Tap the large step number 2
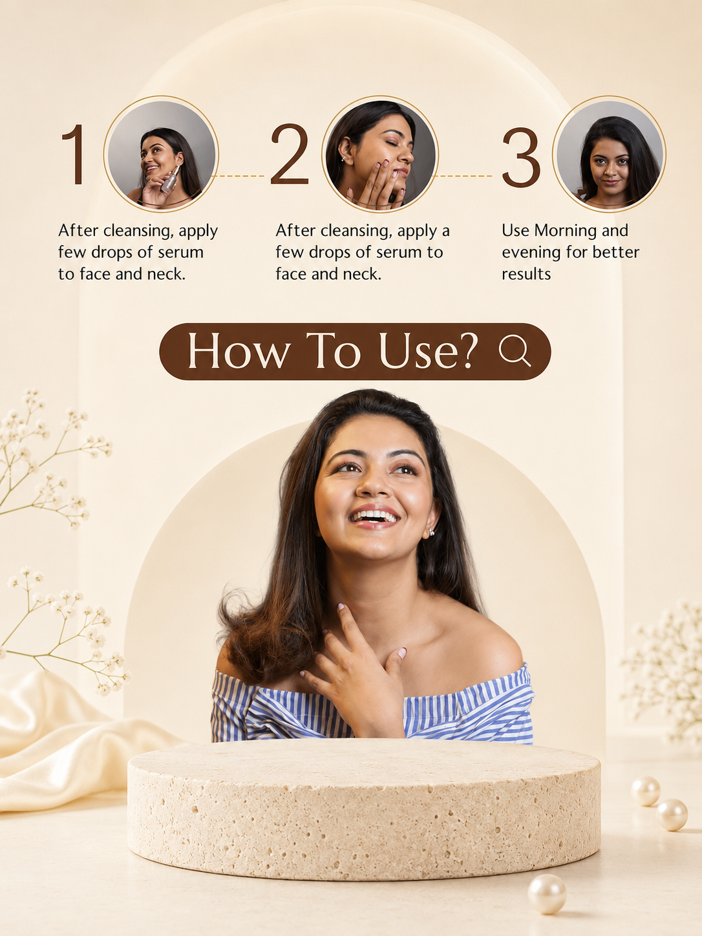(290, 154)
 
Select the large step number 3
(521, 157)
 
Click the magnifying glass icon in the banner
(515, 350)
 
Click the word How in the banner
(239, 351)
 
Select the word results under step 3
(526, 274)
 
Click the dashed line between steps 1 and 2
(239, 176)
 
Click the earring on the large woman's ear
(431, 532)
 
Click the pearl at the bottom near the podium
(547, 894)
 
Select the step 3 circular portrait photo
(610, 154)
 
